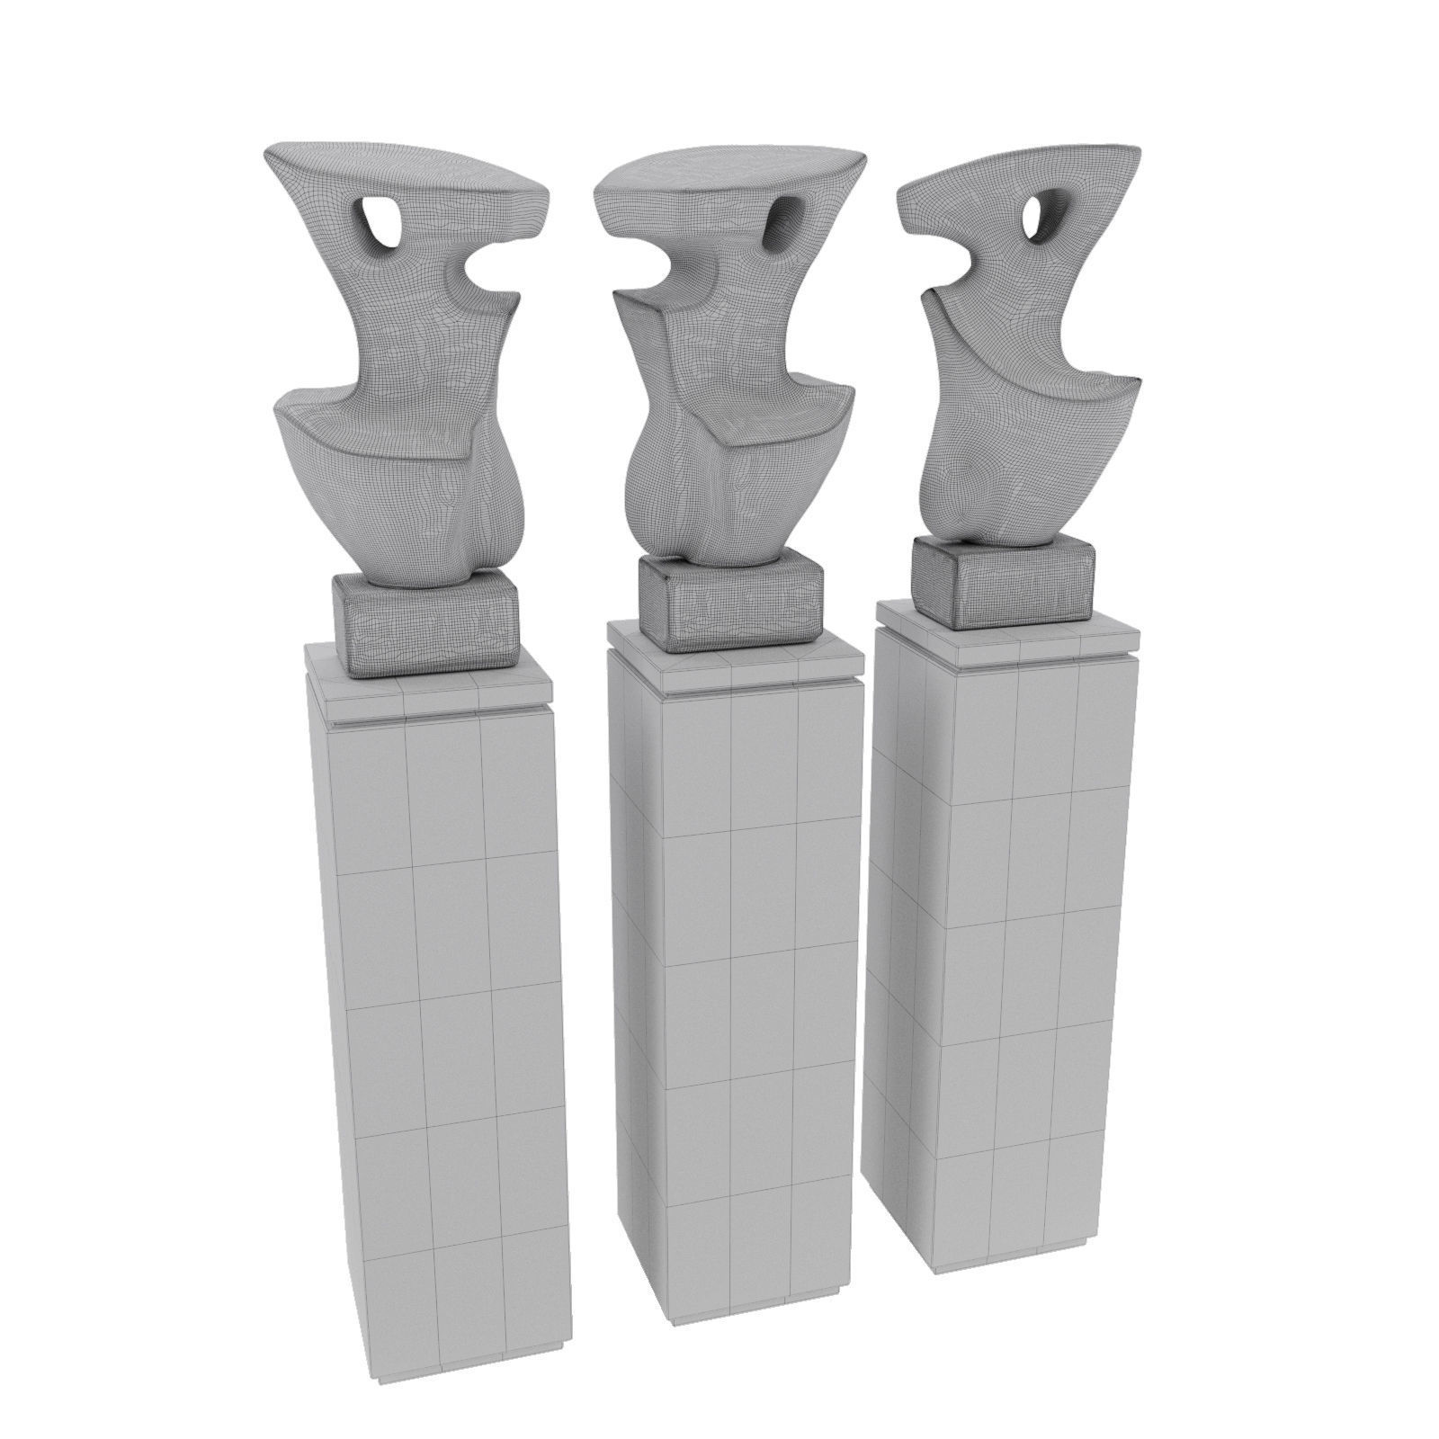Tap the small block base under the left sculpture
(427, 622)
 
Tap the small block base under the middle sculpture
(730, 603)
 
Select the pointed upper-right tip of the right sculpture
(1136, 150)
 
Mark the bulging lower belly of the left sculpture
(486, 504)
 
